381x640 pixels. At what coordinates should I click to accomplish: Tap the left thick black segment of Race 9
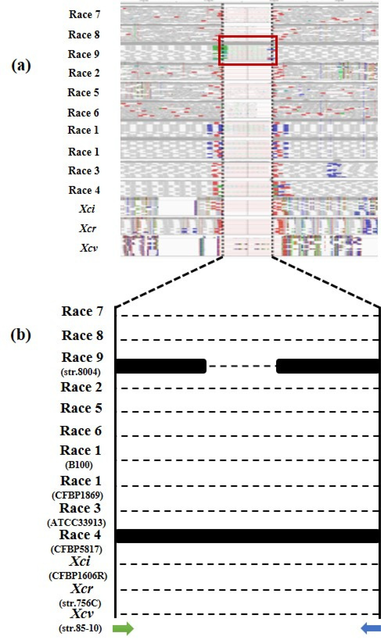(x=161, y=366)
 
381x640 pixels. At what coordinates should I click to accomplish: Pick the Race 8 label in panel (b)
(x=82, y=335)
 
